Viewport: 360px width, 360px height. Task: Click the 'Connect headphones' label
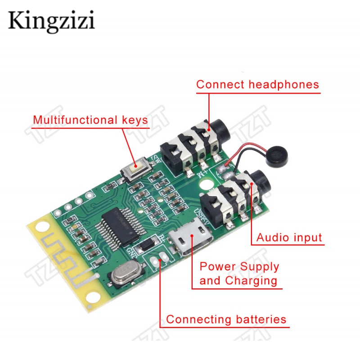257,85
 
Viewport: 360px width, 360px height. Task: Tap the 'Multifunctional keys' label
90,120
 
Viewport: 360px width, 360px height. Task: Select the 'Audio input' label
289,238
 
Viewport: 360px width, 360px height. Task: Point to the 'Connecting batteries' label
226,319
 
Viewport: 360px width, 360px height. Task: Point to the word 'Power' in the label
216,266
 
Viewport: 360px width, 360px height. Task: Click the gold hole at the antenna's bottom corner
93,297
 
